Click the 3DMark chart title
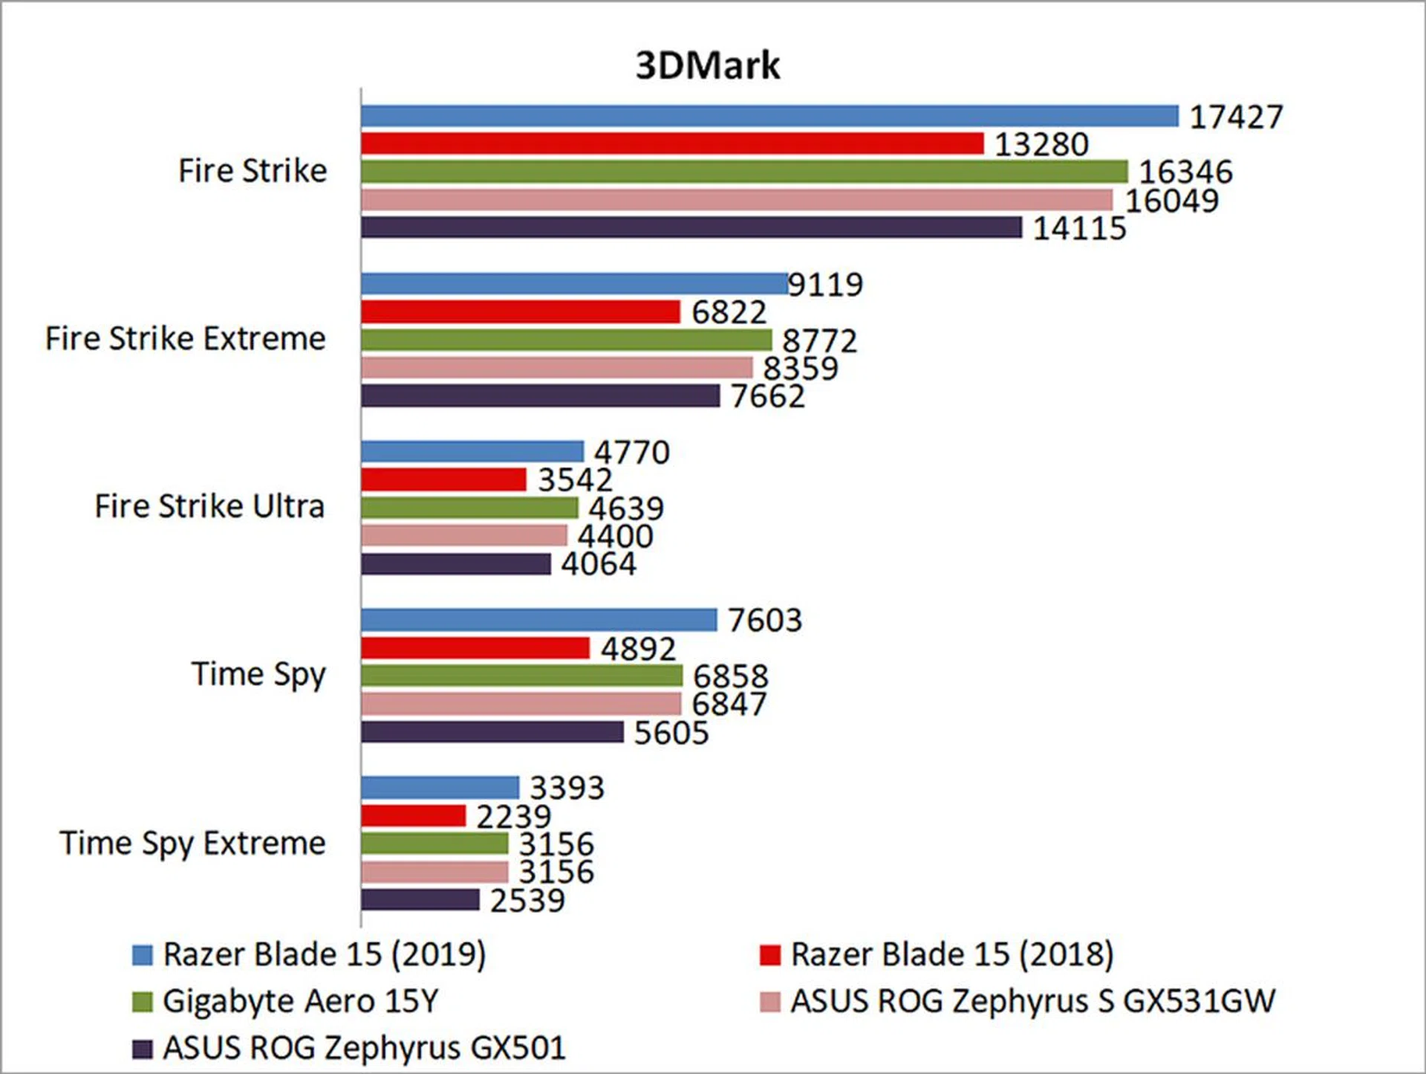tap(707, 65)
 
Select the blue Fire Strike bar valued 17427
tap(769, 116)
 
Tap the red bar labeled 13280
tap(672, 143)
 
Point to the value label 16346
tap(1185, 172)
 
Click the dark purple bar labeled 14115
tap(691, 227)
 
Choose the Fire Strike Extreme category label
tap(186, 338)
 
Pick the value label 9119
tap(825, 284)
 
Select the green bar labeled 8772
tap(566, 340)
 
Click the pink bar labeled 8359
tap(557, 367)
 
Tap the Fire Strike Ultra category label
tap(209, 506)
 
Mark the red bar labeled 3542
tap(443, 479)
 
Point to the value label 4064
tap(599, 564)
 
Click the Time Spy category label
tap(258, 675)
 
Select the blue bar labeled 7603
tap(539, 620)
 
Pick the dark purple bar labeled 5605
tap(492, 732)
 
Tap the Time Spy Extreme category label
tap(192, 844)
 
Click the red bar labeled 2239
tap(414, 815)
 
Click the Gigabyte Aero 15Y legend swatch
tap(142, 1002)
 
